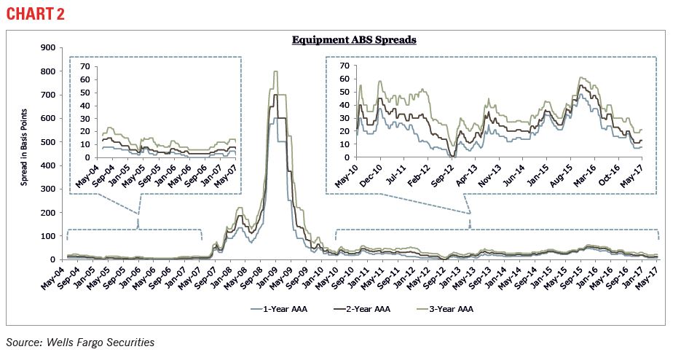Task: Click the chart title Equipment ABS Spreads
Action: tap(354, 40)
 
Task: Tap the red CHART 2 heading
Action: tap(34, 15)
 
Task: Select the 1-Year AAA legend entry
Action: tap(279, 309)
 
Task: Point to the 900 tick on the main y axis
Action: tap(47, 48)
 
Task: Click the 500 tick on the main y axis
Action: tap(47, 142)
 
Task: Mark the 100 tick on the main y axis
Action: tap(47, 236)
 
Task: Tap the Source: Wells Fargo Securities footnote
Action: tap(80, 341)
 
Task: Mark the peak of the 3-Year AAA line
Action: tap(275, 71)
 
